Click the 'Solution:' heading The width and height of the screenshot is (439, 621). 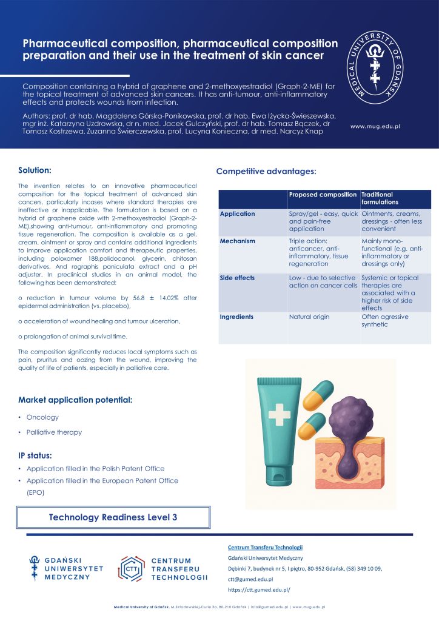pos(35,170)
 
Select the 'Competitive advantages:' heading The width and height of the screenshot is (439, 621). pos(266,172)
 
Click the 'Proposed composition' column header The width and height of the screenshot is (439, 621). pos(323,195)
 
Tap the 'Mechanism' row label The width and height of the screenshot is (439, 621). pos(237,241)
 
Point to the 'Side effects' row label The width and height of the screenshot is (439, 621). pos(237,278)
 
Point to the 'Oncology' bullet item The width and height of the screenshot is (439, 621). pos(42,417)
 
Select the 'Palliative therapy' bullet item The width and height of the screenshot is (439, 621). pos(53,432)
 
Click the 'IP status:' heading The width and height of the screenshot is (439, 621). pos(35,455)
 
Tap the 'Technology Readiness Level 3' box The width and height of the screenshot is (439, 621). pos(113,517)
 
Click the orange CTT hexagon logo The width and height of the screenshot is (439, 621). pos(130,568)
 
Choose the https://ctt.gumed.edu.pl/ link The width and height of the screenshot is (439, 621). pos(260,589)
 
